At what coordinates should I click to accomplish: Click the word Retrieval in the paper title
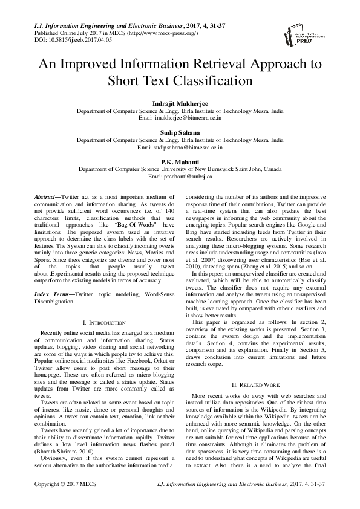pos(213,64)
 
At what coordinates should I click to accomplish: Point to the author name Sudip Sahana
pos(180,132)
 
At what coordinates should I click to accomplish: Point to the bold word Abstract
pos(45,197)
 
